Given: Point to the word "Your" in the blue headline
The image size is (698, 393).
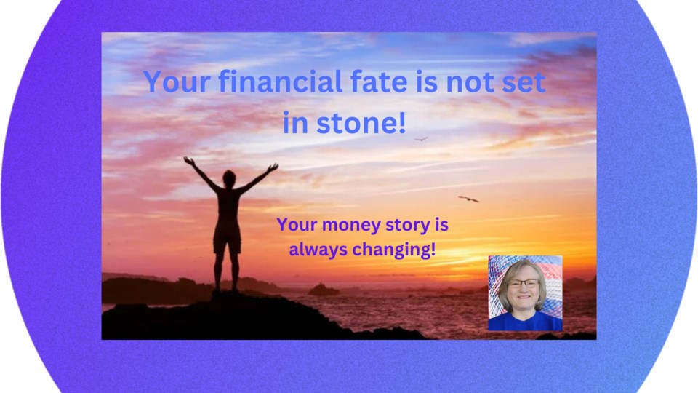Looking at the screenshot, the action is point(177,82).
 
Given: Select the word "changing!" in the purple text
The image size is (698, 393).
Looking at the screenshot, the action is point(393,250).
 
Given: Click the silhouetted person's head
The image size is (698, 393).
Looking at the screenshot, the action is point(229,178).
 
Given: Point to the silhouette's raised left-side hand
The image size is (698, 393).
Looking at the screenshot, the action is point(189,160).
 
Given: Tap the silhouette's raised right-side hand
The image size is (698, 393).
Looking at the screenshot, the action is point(273,167).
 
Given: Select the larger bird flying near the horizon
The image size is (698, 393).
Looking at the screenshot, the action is point(468,199).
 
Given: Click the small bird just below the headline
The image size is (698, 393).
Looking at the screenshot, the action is point(421,139).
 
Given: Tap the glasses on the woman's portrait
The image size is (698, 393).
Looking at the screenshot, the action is point(523,283).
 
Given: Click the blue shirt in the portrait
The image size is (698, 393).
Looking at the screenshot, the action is point(525,322).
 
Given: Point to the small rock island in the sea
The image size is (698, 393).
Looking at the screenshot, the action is point(323,290).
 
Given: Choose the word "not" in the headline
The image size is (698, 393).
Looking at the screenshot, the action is point(470,82).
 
